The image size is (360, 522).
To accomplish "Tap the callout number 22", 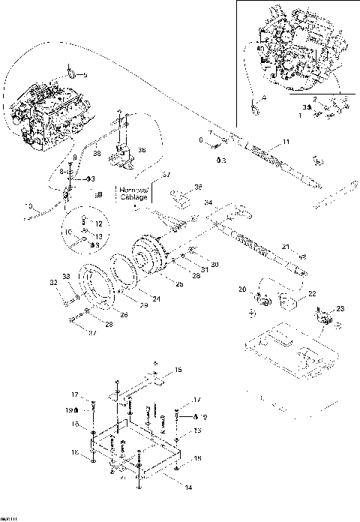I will click(x=312, y=293).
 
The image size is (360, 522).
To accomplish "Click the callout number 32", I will click(x=54, y=283).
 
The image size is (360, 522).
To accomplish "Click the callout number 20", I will click(x=242, y=289).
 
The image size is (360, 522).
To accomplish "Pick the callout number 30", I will click(x=214, y=264).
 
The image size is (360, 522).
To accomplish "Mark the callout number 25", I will click(x=179, y=283).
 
